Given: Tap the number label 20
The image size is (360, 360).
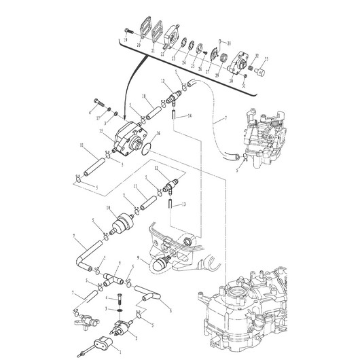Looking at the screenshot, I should point(139,45).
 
